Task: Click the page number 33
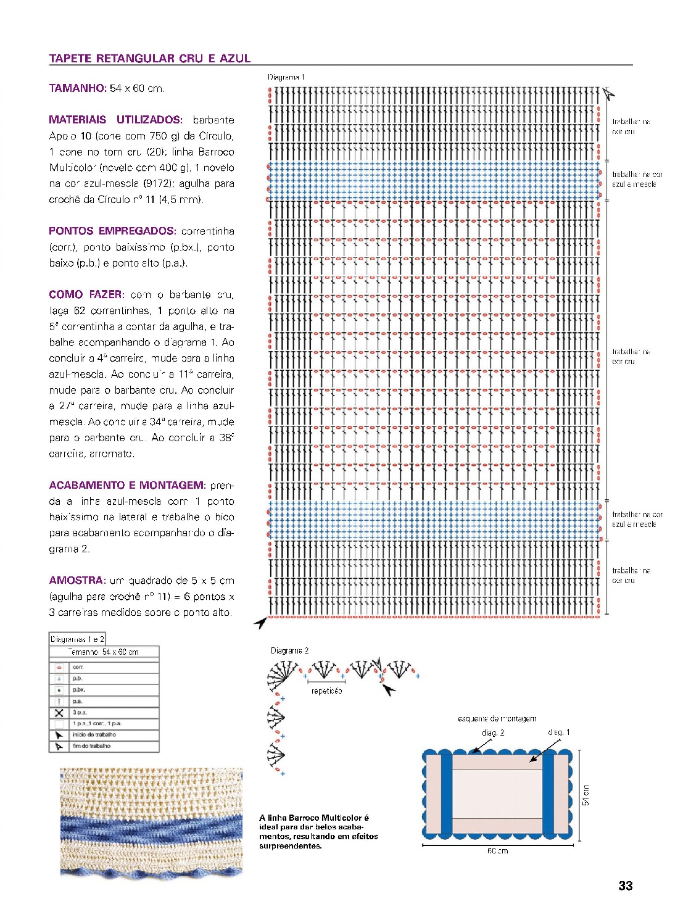625,886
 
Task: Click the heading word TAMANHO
78,88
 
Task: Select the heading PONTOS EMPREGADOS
112,231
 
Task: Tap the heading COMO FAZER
86,294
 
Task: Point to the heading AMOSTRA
77,580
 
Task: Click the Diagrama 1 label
286,77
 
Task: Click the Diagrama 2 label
289,650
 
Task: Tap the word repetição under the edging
326,691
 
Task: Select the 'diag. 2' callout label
493,732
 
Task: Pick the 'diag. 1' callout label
559,732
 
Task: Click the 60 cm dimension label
497,851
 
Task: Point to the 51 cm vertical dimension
586,795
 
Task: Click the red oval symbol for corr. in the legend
59,667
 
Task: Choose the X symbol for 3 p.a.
59,712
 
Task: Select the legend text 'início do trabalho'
94,735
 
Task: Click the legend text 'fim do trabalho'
92,746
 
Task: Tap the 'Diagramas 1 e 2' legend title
77,639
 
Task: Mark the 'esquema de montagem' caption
497,718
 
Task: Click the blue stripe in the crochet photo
151,828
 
